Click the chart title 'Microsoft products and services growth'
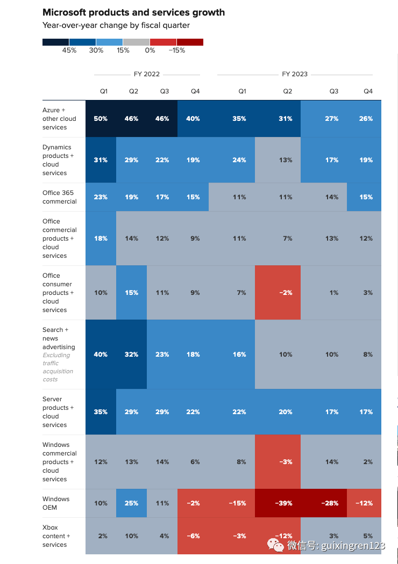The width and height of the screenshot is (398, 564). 133,12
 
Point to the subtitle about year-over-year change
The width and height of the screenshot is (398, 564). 116,25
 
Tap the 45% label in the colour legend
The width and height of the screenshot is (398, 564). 69,50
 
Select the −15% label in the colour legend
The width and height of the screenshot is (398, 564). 176,50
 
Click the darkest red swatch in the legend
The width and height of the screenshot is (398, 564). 190,42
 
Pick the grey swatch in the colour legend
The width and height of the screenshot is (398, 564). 136,42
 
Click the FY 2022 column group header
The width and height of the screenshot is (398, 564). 147,74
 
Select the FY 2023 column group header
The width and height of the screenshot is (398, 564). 295,74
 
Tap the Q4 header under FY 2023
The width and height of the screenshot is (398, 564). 368,91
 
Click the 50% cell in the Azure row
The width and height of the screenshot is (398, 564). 101,119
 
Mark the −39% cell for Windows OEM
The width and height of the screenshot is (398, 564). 285,503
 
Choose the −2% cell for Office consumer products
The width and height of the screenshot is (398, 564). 285,293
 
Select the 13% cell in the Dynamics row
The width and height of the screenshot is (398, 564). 285,160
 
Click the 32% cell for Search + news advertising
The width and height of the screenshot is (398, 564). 131,355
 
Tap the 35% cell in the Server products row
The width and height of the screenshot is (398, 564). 101,412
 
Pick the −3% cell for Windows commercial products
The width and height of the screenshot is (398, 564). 285,462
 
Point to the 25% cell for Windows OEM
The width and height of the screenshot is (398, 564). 131,503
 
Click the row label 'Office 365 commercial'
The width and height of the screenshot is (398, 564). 60,197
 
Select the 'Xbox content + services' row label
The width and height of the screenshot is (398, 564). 56,536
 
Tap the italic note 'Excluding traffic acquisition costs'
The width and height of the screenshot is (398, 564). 58,367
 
